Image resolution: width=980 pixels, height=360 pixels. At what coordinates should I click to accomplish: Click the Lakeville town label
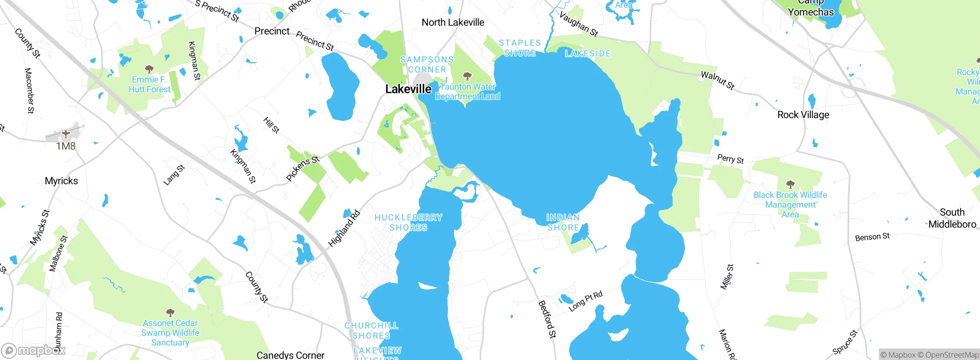tap(408, 89)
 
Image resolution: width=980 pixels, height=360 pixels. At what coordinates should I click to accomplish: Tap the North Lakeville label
tap(453, 23)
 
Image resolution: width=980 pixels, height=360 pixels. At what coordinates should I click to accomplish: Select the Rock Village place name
tap(803, 115)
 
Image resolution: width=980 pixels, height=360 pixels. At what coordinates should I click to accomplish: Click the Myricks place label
tap(61, 181)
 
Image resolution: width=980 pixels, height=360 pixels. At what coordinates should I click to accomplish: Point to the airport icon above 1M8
tap(66, 134)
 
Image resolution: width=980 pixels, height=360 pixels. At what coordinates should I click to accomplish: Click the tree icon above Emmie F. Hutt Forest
tap(149, 69)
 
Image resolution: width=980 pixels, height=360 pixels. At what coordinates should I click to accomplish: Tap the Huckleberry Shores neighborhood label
tap(408, 223)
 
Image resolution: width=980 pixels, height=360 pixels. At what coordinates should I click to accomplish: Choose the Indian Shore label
tap(563, 223)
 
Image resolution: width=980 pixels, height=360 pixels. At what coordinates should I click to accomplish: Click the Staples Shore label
tap(520, 48)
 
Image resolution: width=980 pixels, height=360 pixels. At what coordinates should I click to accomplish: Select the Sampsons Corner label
tap(427, 64)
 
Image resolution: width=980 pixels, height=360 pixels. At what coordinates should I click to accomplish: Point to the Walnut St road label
tap(717, 80)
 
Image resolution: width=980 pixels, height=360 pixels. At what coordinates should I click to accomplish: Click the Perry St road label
tap(730, 159)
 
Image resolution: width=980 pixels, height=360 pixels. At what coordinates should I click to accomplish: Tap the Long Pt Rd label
tap(585, 301)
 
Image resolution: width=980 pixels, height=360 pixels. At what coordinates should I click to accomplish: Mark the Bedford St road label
tap(547, 319)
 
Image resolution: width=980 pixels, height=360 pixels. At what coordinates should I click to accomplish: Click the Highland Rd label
tap(344, 228)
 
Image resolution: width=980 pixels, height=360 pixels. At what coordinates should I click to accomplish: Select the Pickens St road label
tap(303, 168)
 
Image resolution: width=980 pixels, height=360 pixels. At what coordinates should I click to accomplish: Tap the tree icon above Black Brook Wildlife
tap(790, 184)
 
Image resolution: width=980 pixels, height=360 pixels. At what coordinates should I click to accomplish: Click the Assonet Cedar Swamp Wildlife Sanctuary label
tap(170, 333)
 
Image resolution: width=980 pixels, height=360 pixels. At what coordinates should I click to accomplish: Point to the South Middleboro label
tap(952, 218)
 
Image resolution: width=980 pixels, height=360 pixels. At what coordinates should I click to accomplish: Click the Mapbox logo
tap(34, 350)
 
